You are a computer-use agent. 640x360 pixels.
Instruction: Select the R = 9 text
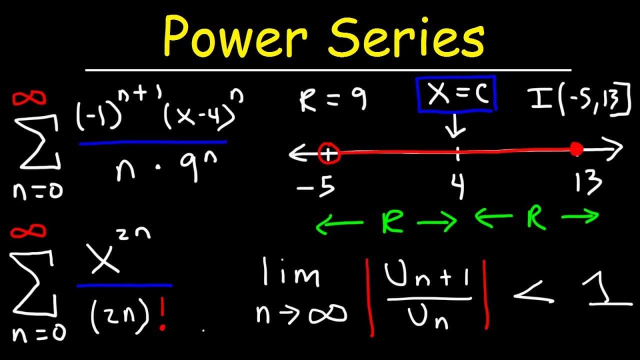pos(333,99)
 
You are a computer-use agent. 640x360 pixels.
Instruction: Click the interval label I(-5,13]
pos(579,99)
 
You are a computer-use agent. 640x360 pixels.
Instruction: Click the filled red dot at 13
pos(576,149)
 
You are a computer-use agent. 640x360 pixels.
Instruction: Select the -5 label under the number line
pos(316,185)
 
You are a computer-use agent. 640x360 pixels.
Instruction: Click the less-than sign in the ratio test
pos(533,291)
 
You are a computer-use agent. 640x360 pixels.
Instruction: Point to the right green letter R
pos(536,217)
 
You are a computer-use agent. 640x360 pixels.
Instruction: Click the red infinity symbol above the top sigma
pos(28,98)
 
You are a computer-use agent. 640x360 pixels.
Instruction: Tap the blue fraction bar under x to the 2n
pos(124,285)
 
